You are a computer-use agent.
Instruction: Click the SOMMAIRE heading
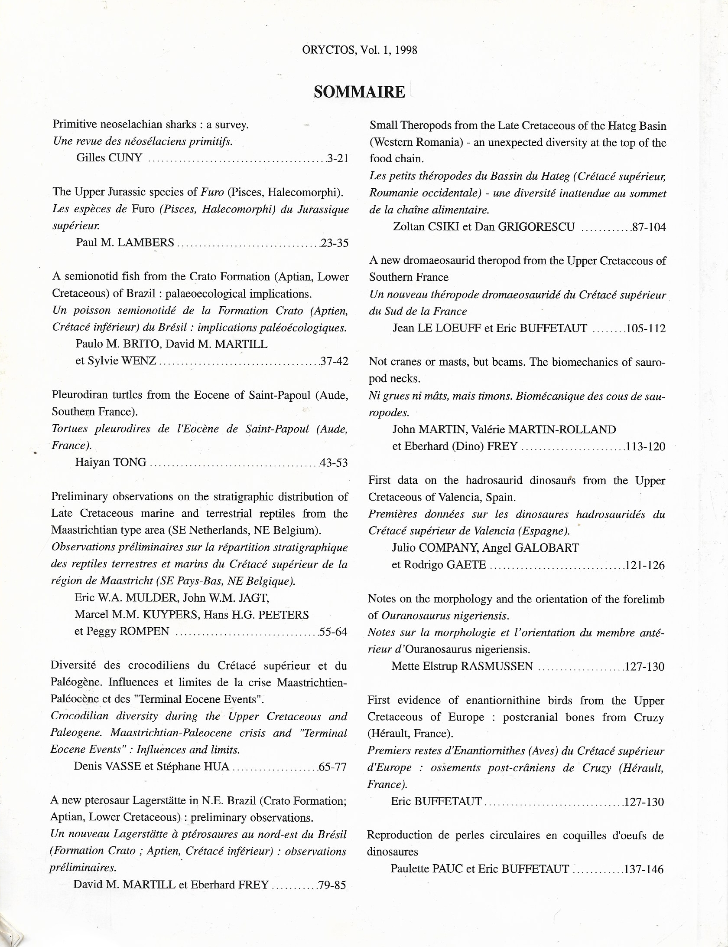359,92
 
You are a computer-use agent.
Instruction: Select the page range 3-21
338,158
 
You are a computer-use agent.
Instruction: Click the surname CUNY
125,158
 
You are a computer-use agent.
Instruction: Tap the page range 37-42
334,361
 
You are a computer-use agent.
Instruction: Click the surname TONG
130,462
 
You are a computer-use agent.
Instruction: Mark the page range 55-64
333,632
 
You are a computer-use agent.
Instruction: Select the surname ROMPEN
144,631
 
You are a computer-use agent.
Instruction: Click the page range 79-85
332,885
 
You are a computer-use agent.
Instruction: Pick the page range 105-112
646,328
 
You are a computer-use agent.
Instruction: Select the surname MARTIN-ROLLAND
562,429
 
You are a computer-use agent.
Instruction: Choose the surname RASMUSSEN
497,666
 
